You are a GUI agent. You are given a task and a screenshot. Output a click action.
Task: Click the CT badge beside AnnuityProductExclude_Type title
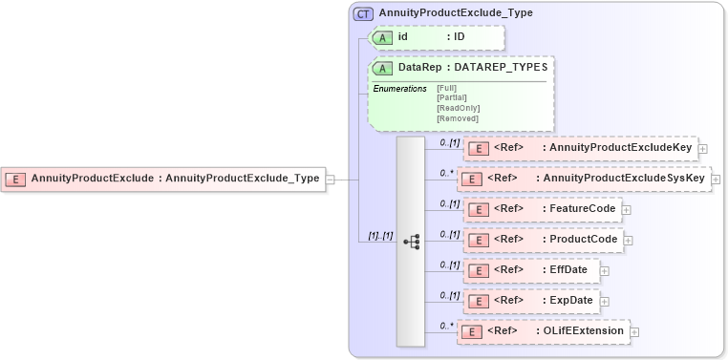pos(363,13)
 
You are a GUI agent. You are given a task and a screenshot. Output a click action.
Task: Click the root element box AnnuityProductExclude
pos(163,178)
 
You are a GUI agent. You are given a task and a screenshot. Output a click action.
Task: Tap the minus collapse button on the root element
pos(330,178)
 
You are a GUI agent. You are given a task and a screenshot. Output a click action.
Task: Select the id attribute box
pos(436,37)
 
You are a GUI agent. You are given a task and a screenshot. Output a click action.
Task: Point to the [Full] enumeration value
pos(446,88)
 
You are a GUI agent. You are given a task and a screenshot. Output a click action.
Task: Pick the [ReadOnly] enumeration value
pos(458,108)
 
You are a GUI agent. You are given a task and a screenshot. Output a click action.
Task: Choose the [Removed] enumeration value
pos(457,118)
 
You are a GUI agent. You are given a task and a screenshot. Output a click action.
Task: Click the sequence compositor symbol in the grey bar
pos(411,242)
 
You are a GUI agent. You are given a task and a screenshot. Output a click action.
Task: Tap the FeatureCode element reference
pos(542,209)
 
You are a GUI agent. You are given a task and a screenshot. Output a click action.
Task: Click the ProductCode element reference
pos(543,240)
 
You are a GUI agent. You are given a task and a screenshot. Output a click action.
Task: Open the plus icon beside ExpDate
pos(605,301)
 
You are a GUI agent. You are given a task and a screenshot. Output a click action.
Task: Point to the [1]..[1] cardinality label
pos(381,235)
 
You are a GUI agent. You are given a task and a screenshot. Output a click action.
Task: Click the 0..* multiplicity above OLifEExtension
pos(446,325)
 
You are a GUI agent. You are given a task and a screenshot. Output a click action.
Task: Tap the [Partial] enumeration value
pos(450,97)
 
